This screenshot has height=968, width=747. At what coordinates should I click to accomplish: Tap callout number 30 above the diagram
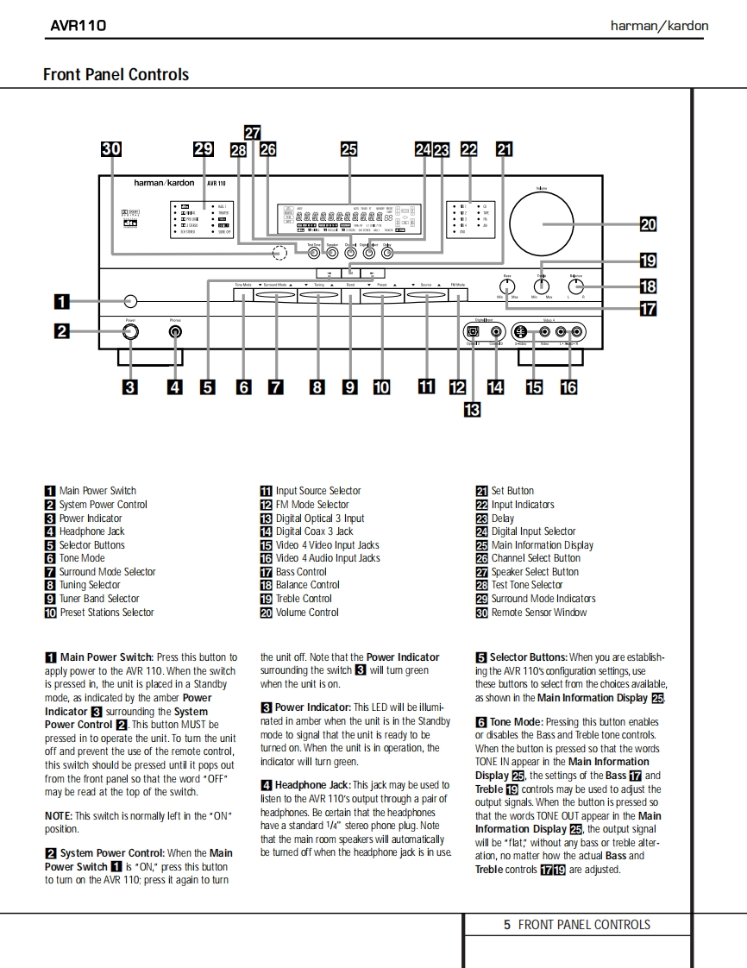tap(111, 149)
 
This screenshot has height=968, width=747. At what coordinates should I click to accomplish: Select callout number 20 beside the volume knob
tap(649, 224)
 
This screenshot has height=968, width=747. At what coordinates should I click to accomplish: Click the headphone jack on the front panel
tap(175, 332)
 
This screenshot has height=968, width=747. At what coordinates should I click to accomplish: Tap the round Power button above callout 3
tap(129, 332)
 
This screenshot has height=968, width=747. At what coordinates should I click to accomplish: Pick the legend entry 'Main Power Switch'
tap(97, 491)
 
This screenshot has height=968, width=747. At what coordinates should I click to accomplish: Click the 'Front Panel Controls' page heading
tap(116, 75)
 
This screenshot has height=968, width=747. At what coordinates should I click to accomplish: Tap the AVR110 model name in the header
tap(78, 25)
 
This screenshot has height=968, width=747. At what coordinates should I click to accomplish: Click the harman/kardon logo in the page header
tap(659, 25)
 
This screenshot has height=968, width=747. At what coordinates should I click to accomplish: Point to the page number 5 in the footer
tap(507, 925)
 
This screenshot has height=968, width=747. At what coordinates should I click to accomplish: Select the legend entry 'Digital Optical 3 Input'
tap(319, 519)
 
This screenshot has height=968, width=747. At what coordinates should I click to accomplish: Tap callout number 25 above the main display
tap(348, 149)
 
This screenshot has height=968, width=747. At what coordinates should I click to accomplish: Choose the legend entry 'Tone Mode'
tap(82, 558)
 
